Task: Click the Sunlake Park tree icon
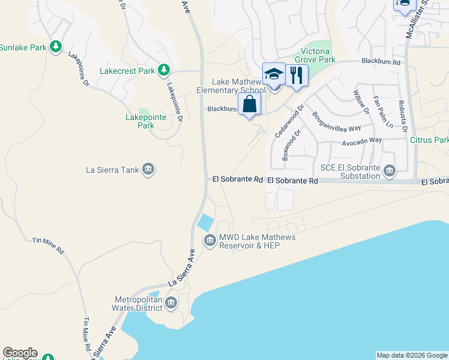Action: point(55,46)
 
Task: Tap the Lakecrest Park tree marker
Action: point(163,70)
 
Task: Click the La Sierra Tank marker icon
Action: point(148,170)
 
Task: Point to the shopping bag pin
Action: point(250,104)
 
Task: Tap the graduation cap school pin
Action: point(274,74)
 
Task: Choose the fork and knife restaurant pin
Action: point(296,75)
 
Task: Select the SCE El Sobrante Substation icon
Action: point(389,172)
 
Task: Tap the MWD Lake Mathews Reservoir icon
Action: point(209,241)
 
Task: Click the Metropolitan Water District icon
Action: point(172,303)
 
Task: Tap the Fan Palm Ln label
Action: point(382,112)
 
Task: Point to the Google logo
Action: point(20,353)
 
